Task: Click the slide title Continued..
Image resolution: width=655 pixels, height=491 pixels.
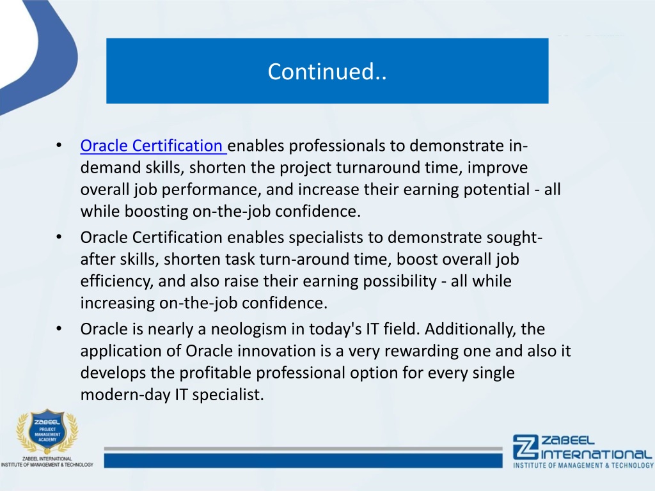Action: tap(327, 72)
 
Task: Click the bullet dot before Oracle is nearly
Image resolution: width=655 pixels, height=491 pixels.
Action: tap(59, 329)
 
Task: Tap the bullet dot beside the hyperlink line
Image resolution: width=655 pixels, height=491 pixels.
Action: tap(59, 146)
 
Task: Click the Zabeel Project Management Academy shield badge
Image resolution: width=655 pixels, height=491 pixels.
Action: tap(47, 432)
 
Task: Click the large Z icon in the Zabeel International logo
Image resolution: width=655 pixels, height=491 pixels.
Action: tap(526, 447)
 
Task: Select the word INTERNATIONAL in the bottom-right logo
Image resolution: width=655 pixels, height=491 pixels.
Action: tap(596, 455)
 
